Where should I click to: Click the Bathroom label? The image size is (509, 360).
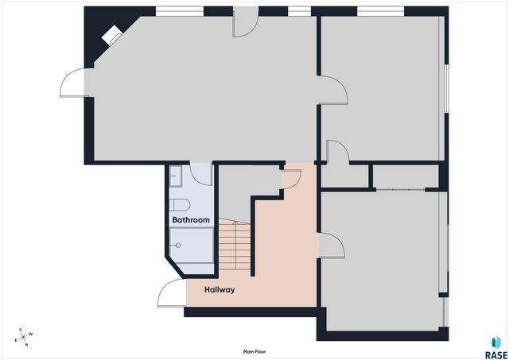[191, 219]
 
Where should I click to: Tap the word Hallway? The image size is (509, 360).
[220, 290]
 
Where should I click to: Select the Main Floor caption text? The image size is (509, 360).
[254, 350]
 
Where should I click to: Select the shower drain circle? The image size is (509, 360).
[177, 246]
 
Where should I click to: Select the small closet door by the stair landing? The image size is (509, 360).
[290, 179]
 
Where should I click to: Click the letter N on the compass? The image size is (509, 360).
[25, 345]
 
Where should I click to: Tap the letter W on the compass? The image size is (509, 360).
[31, 333]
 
